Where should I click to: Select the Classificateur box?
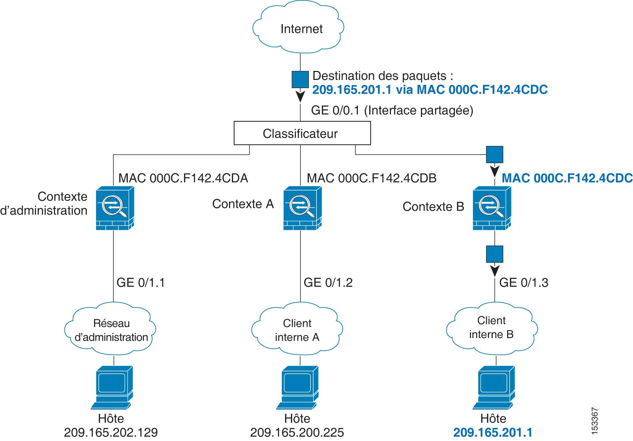(x=302, y=133)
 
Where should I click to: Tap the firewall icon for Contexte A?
(x=302, y=208)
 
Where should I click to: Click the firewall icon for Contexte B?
(x=492, y=208)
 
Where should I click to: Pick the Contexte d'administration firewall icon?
(x=115, y=208)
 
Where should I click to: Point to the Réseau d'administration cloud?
(x=110, y=329)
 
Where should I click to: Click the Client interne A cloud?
(x=297, y=329)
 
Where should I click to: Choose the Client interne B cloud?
(x=492, y=328)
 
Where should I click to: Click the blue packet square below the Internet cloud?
(x=300, y=79)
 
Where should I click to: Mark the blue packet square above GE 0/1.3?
(x=495, y=254)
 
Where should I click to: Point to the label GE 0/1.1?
(x=141, y=283)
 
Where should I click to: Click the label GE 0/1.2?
(x=328, y=283)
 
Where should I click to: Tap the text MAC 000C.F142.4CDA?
(x=183, y=178)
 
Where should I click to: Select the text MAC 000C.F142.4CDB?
(x=372, y=178)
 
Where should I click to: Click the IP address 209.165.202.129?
(x=111, y=432)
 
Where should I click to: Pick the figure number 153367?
(x=595, y=421)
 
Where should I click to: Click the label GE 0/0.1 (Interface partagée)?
(x=392, y=111)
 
